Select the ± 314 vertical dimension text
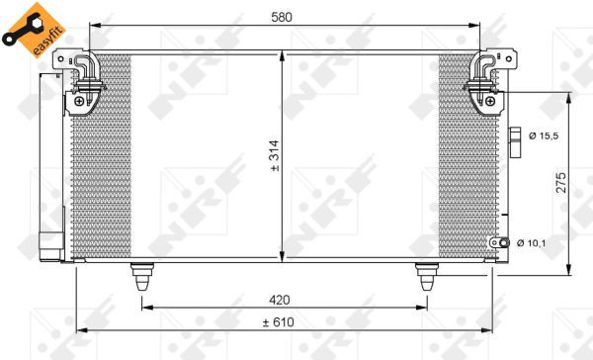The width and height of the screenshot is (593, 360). (x=275, y=155)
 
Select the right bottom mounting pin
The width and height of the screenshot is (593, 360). (x=427, y=276)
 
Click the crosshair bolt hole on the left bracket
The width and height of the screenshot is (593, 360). (x=79, y=100)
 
